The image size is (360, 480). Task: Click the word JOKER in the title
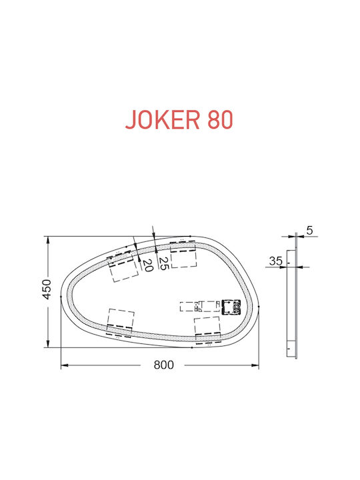(163, 119)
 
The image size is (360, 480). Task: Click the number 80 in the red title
(220, 119)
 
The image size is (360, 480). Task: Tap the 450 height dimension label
(47, 289)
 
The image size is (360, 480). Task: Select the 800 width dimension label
(163, 365)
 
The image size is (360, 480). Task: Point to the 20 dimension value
(147, 265)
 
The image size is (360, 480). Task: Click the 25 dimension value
(164, 263)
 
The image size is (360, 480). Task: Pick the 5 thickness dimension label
(310, 230)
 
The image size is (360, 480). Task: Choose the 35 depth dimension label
(276, 261)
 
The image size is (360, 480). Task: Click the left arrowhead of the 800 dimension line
(65, 365)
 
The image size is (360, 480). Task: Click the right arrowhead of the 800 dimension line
(255, 365)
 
